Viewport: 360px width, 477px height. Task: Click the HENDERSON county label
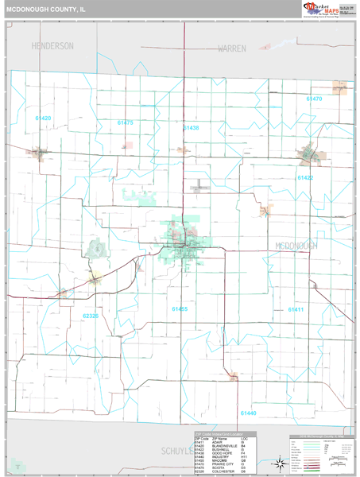tap(52, 46)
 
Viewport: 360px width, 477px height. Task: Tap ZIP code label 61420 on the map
tap(43, 118)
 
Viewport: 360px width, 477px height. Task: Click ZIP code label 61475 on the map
tap(125, 123)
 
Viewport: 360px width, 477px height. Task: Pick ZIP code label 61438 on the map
tap(191, 127)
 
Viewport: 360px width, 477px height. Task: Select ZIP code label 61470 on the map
tap(314, 99)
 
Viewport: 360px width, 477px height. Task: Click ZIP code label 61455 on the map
tap(180, 308)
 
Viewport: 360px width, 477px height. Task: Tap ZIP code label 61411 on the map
tap(296, 309)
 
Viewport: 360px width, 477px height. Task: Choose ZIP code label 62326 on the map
tap(91, 316)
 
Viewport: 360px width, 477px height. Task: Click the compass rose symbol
tap(280, 463)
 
